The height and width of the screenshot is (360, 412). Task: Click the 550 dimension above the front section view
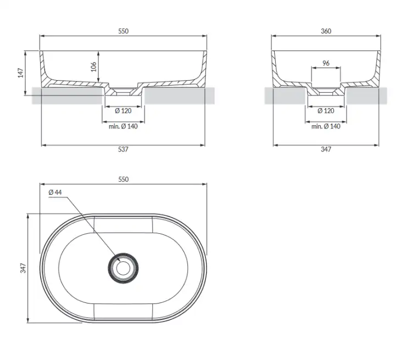coord(123,31)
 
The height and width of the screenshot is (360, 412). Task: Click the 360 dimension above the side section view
coord(326,31)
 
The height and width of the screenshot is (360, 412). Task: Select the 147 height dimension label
coord(21,73)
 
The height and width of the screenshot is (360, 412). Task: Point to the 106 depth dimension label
coord(93,67)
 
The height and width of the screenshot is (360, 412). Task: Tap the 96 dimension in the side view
coord(326,63)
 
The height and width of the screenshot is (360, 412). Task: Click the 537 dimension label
coord(123,149)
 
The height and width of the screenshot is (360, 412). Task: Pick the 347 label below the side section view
coord(326,149)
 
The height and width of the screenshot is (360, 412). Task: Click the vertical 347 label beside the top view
coord(23,268)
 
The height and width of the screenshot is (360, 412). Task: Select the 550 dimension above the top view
coord(123,179)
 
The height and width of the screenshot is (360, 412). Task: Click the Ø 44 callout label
coord(55,193)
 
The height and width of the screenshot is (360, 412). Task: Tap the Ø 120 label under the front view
coord(123,111)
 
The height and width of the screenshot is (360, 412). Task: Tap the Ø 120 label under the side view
coord(326,111)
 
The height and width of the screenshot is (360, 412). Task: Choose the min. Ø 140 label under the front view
coord(123,126)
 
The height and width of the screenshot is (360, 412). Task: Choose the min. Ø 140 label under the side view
coord(326,126)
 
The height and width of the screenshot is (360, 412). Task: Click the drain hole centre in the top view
coord(123,268)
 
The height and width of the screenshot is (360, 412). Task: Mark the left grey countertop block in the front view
coord(67,95)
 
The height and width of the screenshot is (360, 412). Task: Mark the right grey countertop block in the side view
coord(366,95)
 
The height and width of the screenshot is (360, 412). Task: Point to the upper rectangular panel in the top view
coord(123,225)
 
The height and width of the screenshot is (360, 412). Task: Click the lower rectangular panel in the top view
coord(123,311)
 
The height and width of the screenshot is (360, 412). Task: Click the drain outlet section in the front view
coord(123,91)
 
